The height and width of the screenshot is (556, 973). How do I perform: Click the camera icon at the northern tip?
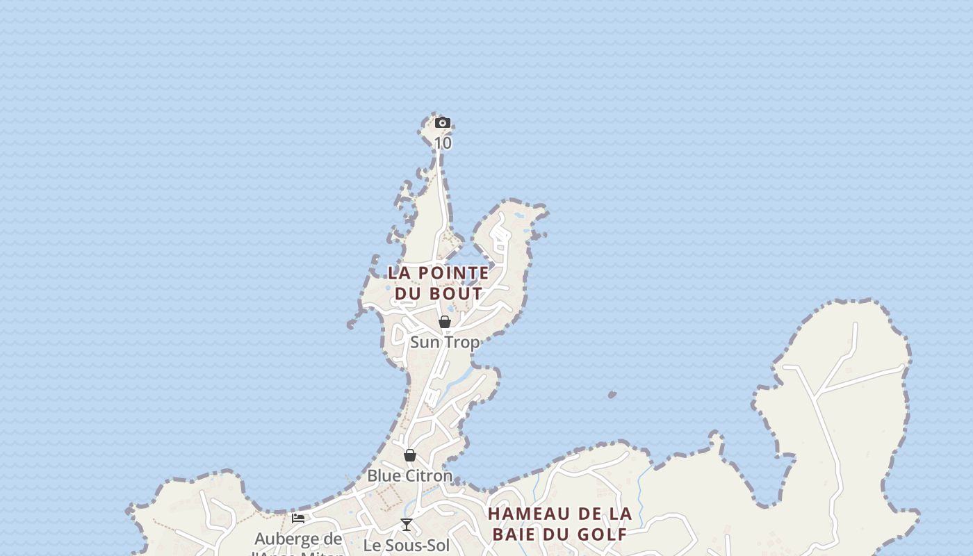click(x=443, y=123)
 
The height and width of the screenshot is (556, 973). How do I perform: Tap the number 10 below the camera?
click(x=443, y=143)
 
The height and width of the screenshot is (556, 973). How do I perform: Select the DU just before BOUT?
click(x=409, y=293)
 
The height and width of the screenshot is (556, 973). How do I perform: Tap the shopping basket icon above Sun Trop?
click(x=445, y=322)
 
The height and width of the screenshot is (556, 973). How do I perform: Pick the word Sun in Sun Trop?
click(x=425, y=343)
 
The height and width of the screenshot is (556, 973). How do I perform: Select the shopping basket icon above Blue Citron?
click(x=410, y=455)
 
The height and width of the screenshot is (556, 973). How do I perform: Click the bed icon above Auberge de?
click(x=298, y=518)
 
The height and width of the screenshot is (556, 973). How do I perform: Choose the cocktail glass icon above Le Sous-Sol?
click(x=407, y=525)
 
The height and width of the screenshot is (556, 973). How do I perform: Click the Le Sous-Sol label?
click(x=407, y=546)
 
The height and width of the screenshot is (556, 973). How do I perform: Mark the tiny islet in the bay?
click(x=612, y=395)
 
